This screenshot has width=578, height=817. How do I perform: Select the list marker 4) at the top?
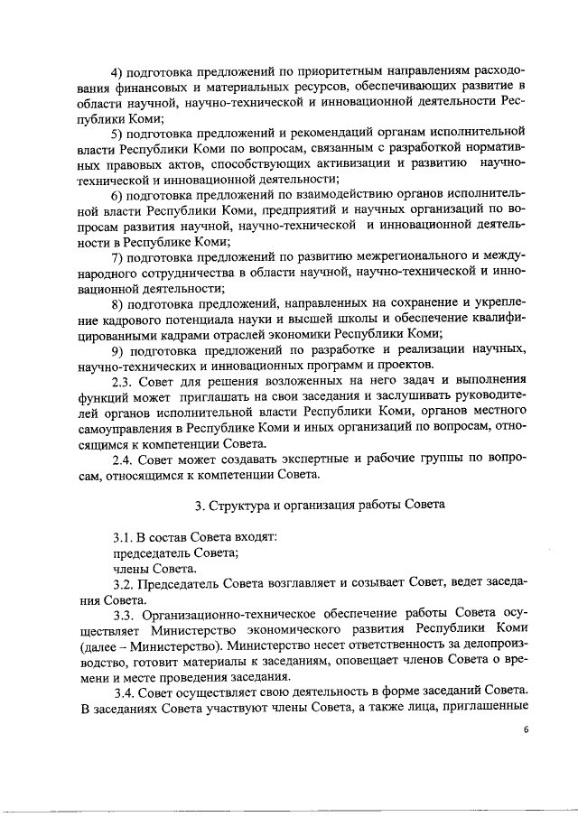[x=117, y=72]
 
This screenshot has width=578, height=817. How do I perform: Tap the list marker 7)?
[x=117, y=258]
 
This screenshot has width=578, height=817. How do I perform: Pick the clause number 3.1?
[x=123, y=537]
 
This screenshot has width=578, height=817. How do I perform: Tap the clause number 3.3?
[x=125, y=615]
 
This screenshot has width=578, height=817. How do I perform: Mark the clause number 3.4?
[x=125, y=692]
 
